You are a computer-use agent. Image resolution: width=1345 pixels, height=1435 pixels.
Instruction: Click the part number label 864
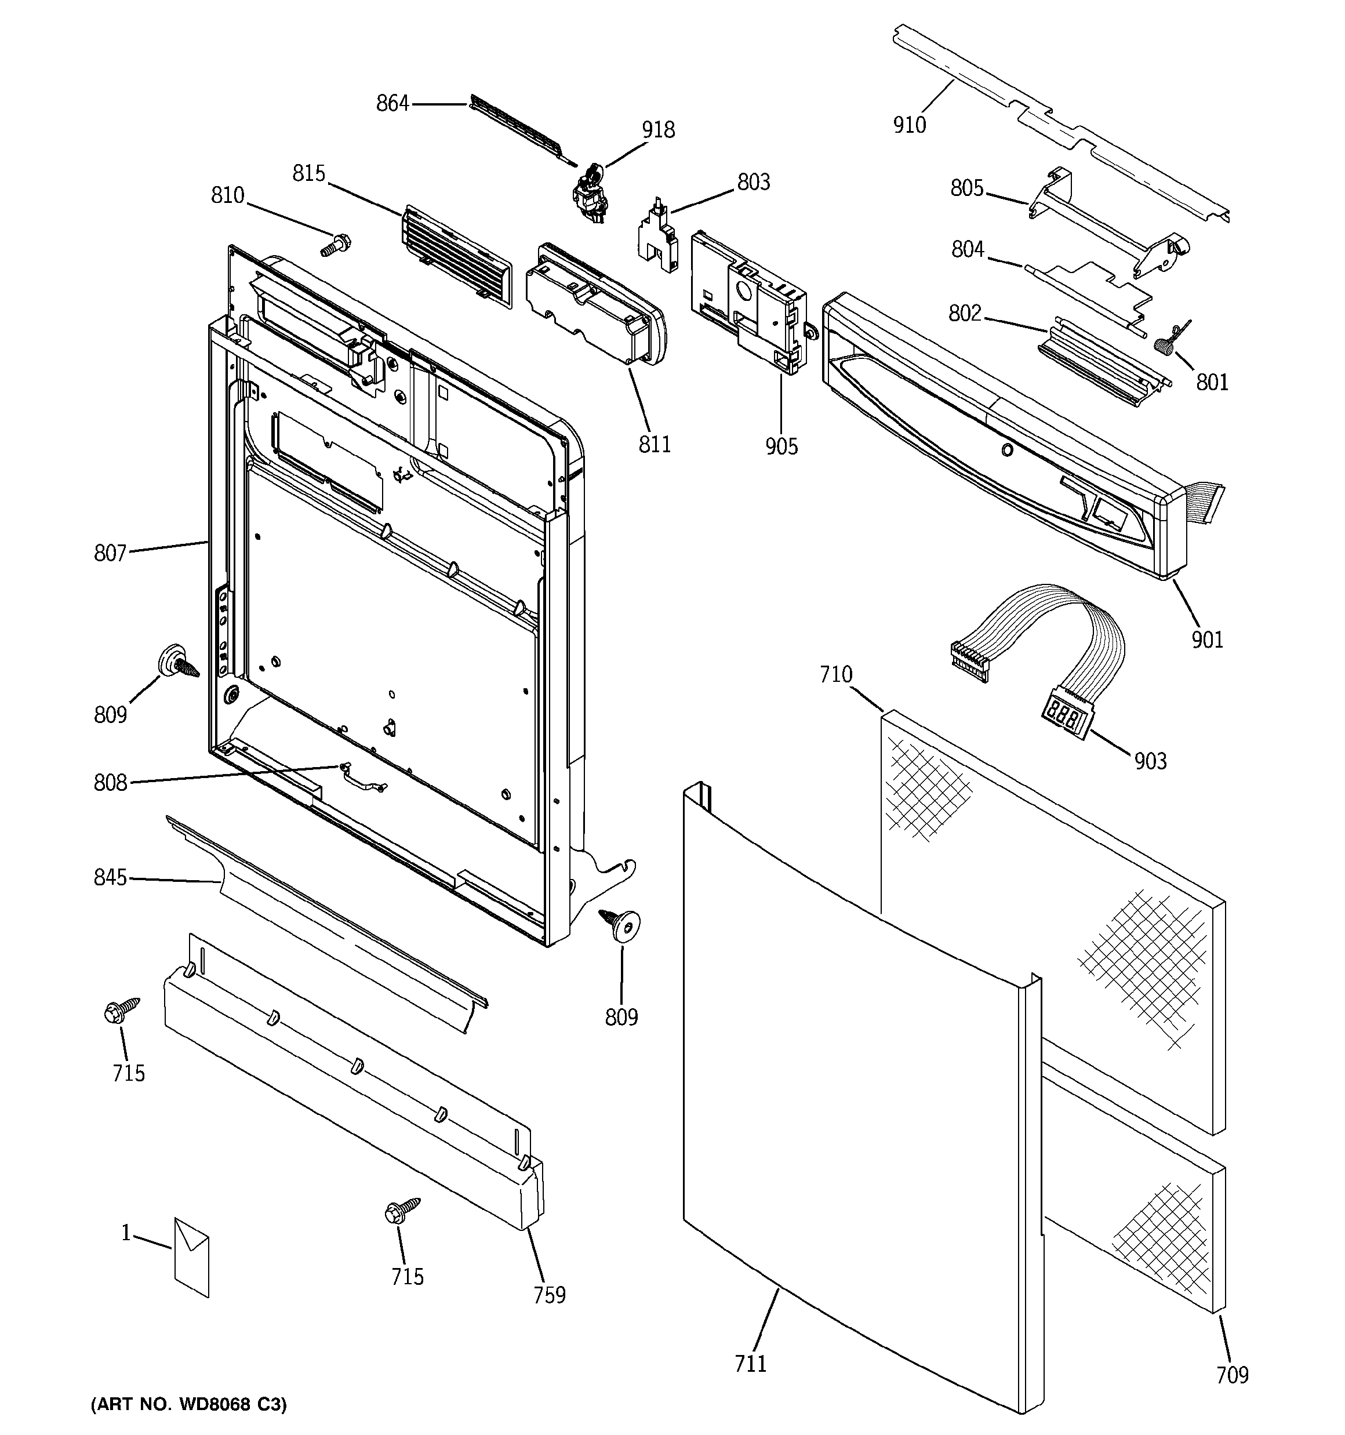click(392, 104)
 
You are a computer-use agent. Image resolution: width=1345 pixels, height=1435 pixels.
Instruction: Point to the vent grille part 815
click(455, 256)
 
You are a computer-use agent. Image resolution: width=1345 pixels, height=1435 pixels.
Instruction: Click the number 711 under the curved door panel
click(750, 1364)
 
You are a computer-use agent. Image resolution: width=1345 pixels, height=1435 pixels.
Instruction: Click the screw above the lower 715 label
click(401, 1211)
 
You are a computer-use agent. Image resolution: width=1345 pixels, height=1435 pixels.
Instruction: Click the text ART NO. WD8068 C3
click(188, 1405)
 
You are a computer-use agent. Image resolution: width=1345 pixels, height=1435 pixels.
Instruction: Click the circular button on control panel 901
click(1006, 451)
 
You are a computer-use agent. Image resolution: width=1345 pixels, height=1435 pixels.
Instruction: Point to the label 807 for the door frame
click(110, 554)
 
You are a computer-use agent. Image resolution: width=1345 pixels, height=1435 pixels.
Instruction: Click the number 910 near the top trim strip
click(909, 126)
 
